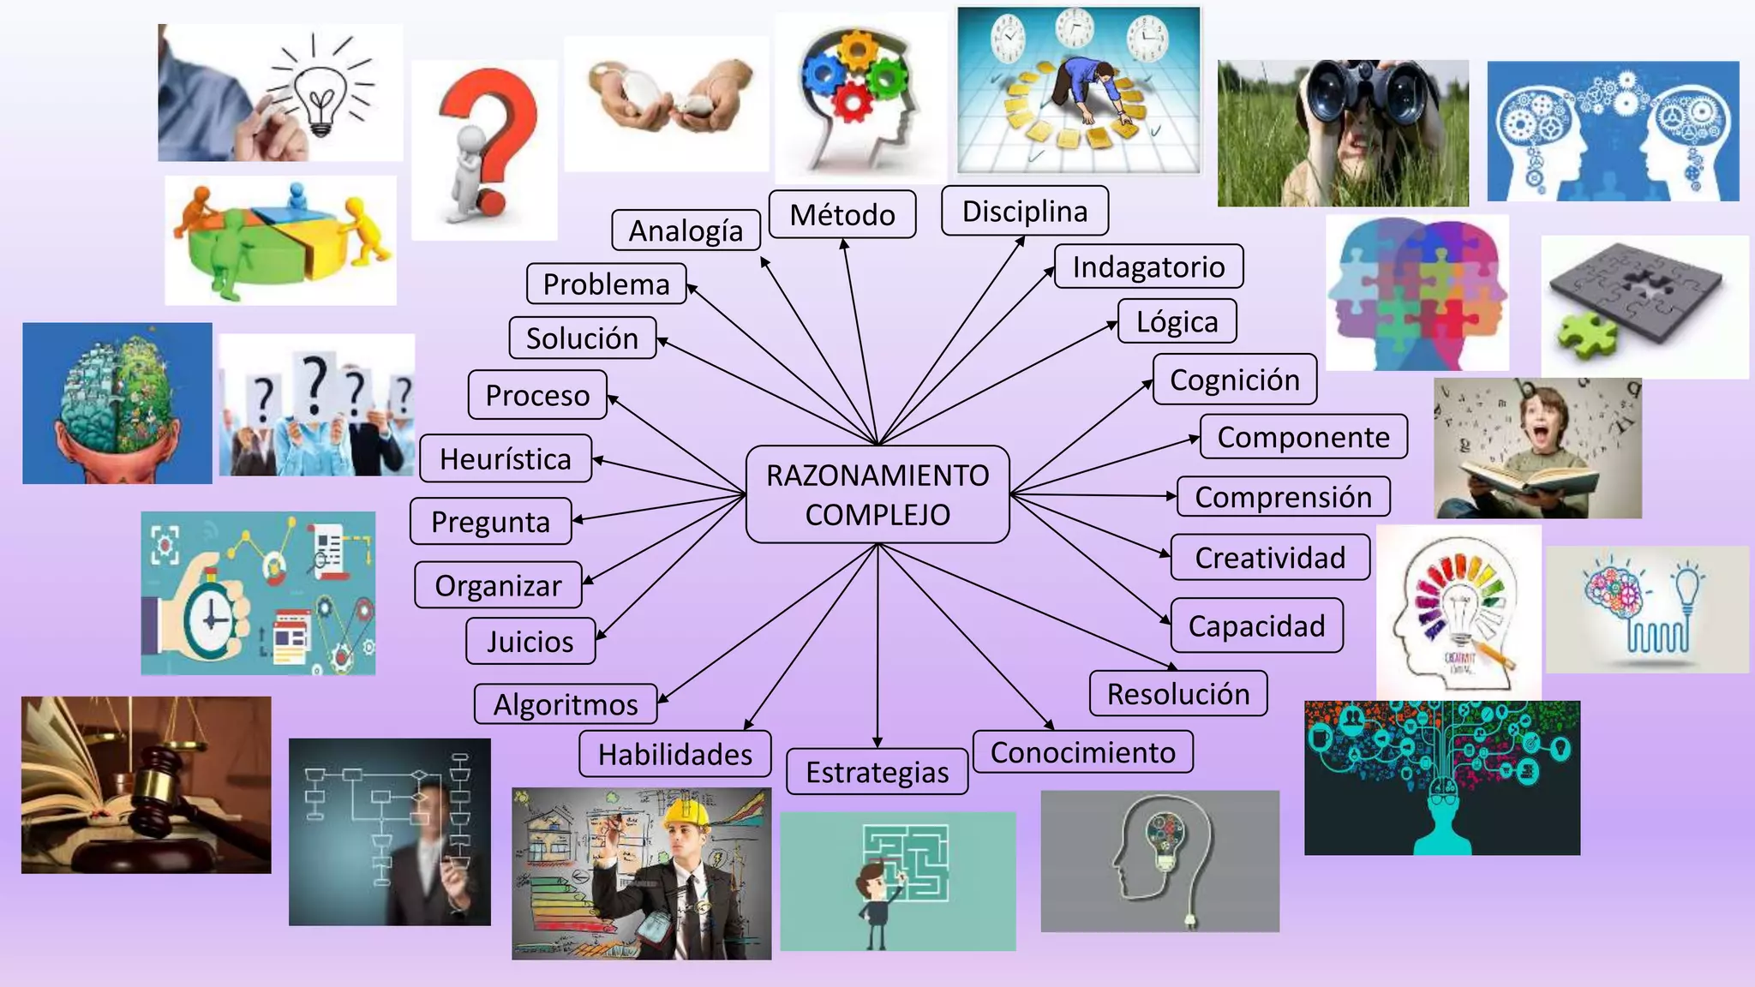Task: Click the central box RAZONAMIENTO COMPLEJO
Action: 877,494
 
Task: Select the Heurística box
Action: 506,458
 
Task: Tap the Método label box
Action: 842,214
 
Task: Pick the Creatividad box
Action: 1270,558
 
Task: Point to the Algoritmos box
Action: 566,704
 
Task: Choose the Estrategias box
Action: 877,772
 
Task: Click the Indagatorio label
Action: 1148,266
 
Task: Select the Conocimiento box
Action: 1083,752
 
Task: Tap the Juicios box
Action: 530,641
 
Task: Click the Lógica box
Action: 1177,321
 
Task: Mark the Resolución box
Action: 1178,693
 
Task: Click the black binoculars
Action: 1363,99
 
